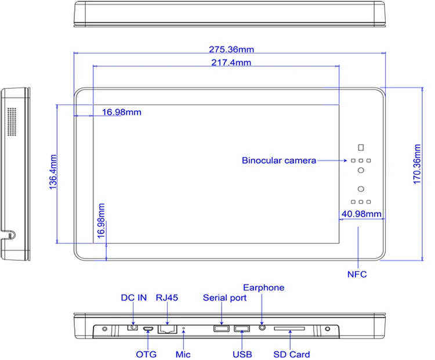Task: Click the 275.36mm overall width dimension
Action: tap(231, 49)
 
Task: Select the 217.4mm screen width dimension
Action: tap(231, 63)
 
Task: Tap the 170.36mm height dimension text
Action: tap(417, 164)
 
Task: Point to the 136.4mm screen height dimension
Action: tap(53, 172)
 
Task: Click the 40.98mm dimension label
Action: tap(361, 214)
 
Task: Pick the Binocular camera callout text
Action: tap(279, 161)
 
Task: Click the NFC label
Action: tap(357, 275)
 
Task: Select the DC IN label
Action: tap(134, 298)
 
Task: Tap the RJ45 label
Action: tap(166, 298)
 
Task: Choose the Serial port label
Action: tap(224, 298)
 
